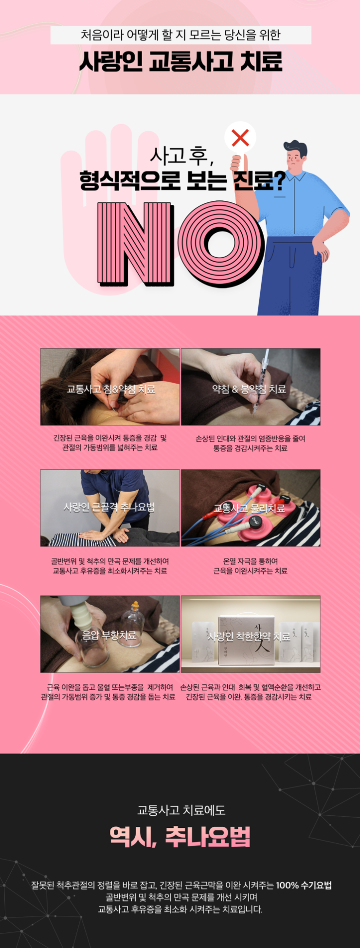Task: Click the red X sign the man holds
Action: point(240,138)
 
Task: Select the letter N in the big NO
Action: point(136,243)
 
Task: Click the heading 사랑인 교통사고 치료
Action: point(180,62)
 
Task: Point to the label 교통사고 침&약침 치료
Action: point(111,389)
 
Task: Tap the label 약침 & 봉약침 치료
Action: point(249,389)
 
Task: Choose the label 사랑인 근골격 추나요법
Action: point(109,507)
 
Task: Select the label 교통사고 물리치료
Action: point(249,508)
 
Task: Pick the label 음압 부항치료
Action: point(109,635)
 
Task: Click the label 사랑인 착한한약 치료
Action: point(249,636)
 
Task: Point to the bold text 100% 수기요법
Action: point(304,885)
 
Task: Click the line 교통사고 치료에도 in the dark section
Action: point(181,810)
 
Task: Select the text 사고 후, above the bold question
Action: point(181,156)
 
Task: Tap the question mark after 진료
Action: point(278,180)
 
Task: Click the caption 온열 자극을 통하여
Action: point(251,561)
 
